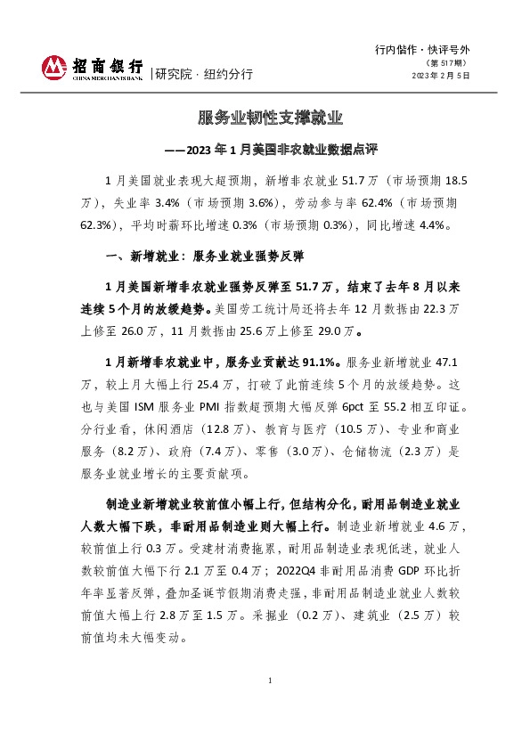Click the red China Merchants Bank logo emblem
point(55,67)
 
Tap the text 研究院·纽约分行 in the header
point(204,74)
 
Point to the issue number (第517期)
point(448,62)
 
